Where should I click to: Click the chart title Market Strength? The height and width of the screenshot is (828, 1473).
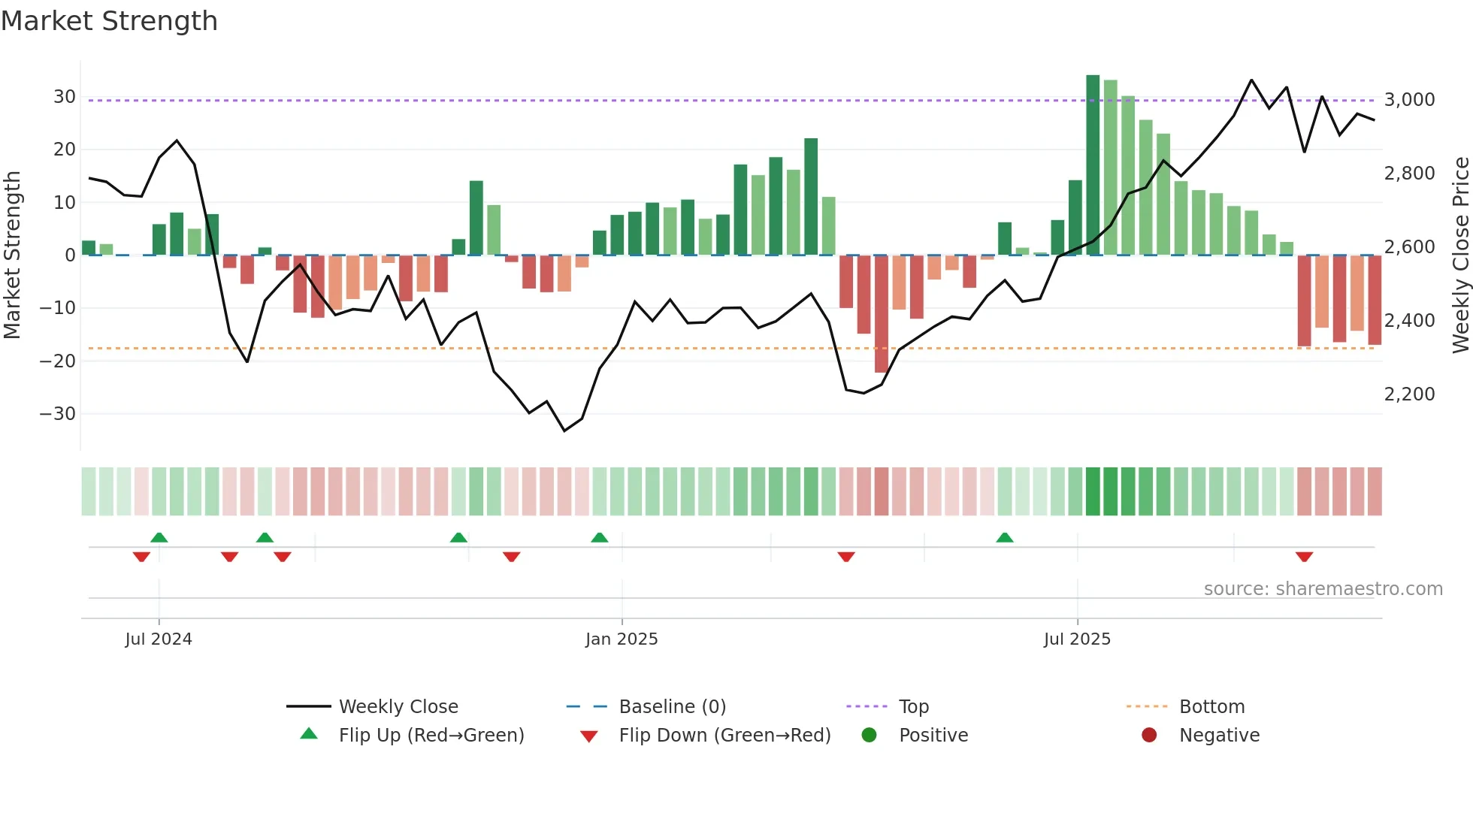coord(109,21)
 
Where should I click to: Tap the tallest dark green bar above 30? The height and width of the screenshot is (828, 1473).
coord(1093,165)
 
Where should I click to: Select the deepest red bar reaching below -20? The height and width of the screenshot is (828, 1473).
coord(881,314)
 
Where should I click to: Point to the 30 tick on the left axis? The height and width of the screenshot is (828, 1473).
coord(65,97)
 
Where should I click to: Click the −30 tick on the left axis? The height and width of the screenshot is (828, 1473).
coord(58,414)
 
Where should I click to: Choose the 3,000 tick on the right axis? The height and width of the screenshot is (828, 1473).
coord(1409,100)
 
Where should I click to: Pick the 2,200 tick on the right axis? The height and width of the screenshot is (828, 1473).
coord(1409,394)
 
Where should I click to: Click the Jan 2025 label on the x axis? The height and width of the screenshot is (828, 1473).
coord(622,639)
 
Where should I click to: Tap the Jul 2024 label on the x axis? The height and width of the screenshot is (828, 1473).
coord(159,639)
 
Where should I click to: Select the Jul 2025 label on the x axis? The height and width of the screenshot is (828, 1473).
coord(1077,639)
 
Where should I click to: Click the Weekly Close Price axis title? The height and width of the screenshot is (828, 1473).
coord(1460,255)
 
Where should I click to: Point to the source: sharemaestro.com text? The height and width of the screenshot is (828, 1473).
coord(1323,589)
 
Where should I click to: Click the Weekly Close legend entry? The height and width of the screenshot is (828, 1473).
coord(398,707)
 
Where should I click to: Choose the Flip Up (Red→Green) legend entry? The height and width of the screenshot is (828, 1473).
coord(431,736)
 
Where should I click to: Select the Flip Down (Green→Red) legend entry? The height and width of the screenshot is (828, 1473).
coord(724,736)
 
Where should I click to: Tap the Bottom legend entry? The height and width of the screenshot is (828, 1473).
coord(1211,707)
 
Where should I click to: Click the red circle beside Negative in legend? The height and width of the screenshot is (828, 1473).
coord(1149,736)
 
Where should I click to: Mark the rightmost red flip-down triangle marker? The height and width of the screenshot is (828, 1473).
coord(1304,557)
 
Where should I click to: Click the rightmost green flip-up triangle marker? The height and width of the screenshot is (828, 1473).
coord(1005,537)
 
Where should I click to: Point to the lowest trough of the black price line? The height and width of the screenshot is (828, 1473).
coord(564,431)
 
